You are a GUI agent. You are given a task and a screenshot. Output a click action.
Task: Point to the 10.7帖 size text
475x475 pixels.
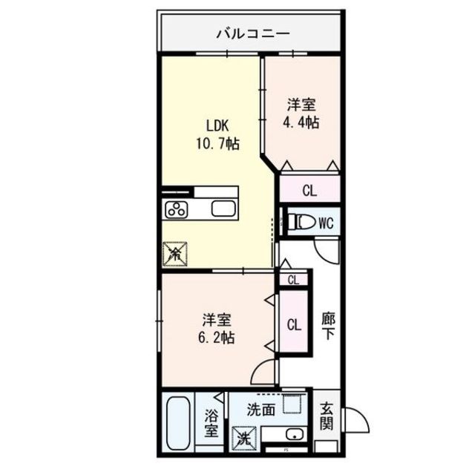pos(217,144)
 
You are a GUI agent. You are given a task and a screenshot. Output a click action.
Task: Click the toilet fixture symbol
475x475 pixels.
pos(301,221)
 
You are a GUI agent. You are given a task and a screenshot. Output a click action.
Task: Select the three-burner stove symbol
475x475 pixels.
pos(179,209)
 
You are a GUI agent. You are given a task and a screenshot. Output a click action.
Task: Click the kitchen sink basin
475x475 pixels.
pos(223,209)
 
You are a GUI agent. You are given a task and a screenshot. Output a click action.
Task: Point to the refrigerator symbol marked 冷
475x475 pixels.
pos(176,255)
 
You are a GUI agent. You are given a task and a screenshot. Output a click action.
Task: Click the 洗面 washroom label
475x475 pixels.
pos(261,409)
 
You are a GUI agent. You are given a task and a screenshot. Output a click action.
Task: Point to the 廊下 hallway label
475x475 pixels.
pos(327,327)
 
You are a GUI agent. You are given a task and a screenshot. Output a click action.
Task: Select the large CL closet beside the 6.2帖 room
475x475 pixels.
pos(294,325)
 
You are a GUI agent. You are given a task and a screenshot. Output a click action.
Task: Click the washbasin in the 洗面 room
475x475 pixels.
pos(292,436)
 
